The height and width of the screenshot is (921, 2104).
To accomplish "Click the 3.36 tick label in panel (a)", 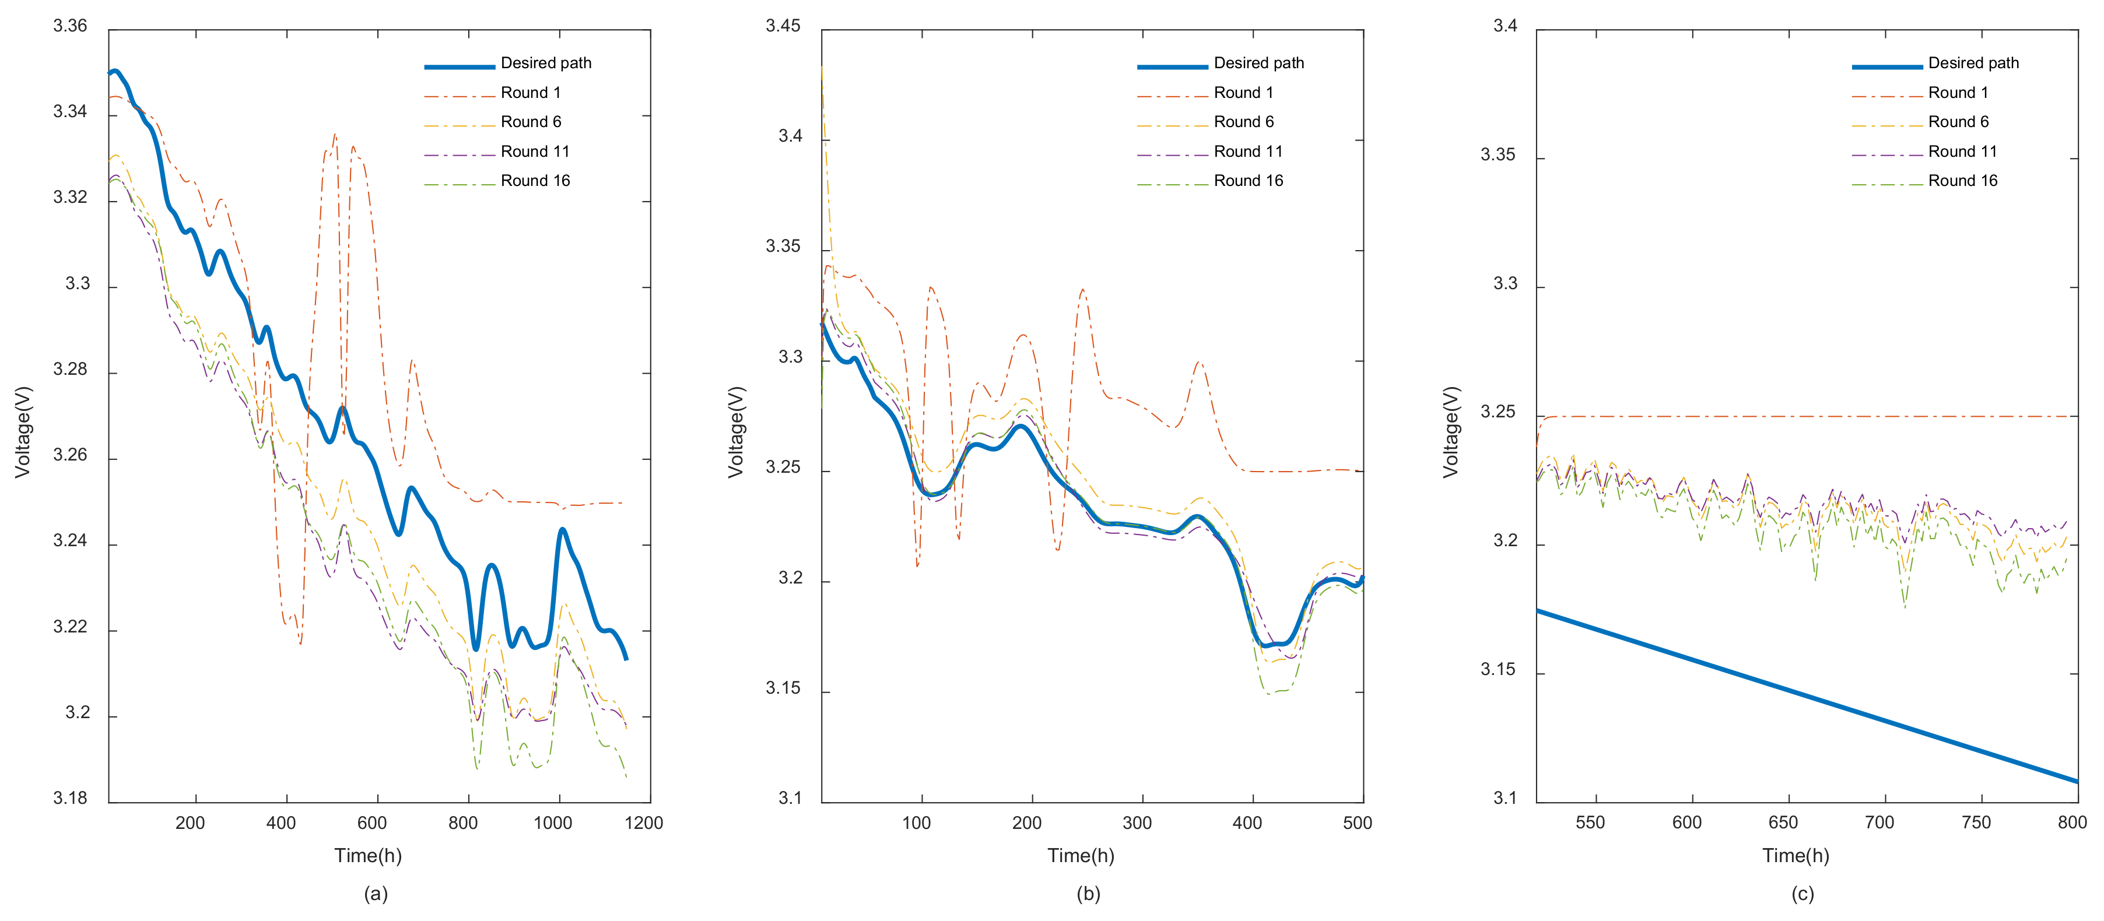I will pos(70,26).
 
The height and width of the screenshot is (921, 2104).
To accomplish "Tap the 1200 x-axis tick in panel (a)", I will pos(644,823).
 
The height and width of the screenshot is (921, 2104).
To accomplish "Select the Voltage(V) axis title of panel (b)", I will pos(736,432).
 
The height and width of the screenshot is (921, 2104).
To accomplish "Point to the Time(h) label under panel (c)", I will pos(1796,856).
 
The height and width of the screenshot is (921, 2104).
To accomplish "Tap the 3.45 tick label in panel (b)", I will pos(783,26).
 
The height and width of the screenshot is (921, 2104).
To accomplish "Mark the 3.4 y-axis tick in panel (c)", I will pos(1505,26).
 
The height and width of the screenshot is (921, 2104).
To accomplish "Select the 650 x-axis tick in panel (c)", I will pos(1783,823).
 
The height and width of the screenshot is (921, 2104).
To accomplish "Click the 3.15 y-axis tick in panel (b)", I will pos(783,688).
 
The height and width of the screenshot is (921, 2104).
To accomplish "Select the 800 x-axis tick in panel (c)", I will pos(2072,823).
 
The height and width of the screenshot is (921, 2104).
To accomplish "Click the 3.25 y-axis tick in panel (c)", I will pos(1498,412).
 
